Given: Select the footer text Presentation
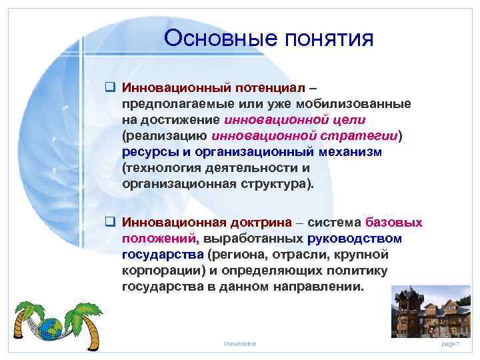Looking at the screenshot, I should pyautogui.click(x=239, y=343).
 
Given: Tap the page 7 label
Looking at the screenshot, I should pyautogui.click(x=450, y=343).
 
